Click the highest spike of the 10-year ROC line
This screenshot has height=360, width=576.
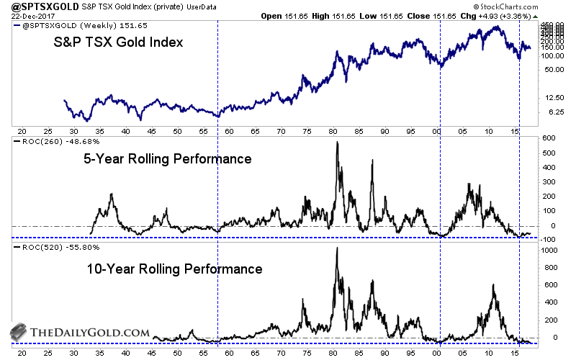tap(337, 247)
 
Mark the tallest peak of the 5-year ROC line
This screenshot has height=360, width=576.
tap(337, 142)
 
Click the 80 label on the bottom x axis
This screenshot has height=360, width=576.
tap(333, 353)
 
